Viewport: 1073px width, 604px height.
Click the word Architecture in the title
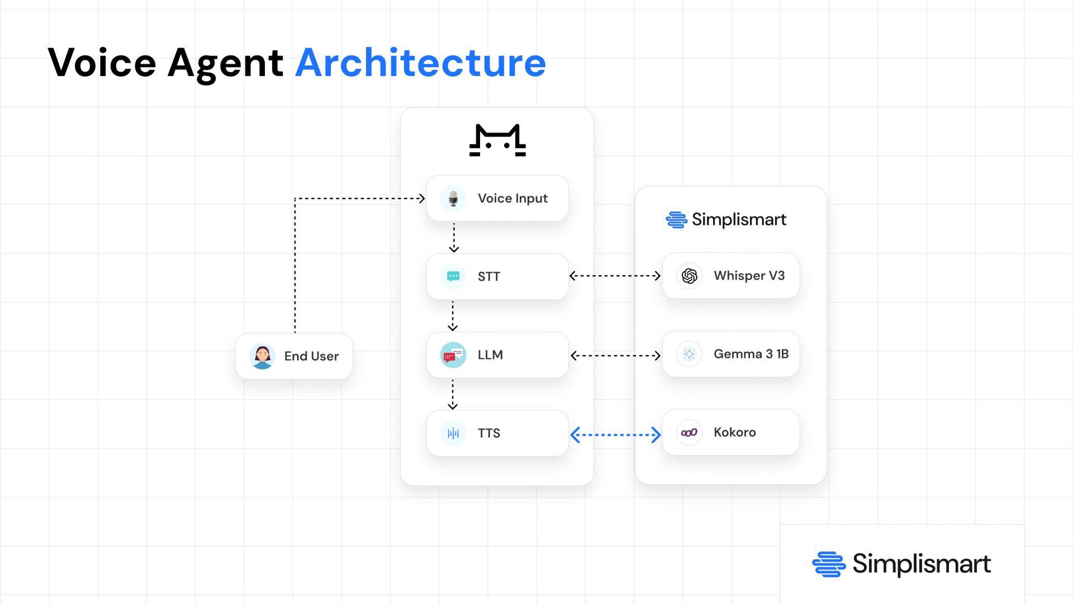(420, 63)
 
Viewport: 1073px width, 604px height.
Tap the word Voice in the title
(102, 63)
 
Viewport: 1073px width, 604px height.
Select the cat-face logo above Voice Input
(497, 140)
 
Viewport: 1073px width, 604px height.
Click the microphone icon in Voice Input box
(453, 199)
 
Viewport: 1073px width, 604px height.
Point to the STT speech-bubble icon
(453, 276)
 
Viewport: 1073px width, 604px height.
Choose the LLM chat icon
(453, 355)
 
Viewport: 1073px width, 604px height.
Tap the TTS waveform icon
(453, 433)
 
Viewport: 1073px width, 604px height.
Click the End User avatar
(262, 356)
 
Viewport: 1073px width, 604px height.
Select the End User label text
(311, 356)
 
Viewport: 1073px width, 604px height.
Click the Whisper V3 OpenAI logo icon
(689, 276)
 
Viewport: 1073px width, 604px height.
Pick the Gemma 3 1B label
(751, 354)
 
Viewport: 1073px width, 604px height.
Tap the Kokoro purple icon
(689, 432)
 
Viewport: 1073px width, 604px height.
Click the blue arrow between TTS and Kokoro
(615, 435)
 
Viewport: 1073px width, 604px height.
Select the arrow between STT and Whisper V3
(615, 276)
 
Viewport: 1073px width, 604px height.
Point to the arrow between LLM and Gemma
(615, 355)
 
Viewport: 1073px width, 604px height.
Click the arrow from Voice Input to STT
(454, 238)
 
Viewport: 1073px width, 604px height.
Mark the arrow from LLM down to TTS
(453, 394)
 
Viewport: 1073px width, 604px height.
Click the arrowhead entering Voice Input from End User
(421, 198)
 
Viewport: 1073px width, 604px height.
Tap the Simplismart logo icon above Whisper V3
(676, 220)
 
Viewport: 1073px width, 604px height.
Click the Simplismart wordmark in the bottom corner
(921, 564)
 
